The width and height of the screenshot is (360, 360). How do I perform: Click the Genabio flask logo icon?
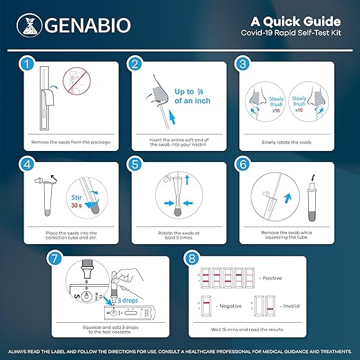(x=30, y=26)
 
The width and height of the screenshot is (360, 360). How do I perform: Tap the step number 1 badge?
(x=26, y=64)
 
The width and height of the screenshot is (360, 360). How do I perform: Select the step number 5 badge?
(x=134, y=165)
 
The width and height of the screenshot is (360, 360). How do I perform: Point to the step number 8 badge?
(x=191, y=259)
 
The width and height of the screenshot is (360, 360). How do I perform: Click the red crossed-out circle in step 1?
(x=77, y=81)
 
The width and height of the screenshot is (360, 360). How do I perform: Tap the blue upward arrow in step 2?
(x=172, y=117)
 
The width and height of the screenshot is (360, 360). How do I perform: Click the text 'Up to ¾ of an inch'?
(x=192, y=96)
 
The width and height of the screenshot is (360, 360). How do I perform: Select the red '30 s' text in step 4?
(x=77, y=205)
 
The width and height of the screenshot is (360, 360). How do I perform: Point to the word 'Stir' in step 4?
(x=77, y=197)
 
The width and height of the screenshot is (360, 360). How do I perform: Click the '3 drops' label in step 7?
(x=128, y=300)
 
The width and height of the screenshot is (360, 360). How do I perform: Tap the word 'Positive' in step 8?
(x=272, y=278)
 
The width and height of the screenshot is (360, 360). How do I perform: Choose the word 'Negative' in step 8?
(x=230, y=306)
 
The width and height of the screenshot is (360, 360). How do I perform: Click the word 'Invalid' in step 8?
(x=291, y=306)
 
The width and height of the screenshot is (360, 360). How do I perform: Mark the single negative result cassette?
(x=206, y=306)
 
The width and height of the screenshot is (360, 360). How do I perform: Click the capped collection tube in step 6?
(x=312, y=199)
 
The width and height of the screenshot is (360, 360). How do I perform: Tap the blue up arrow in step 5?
(x=187, y=179)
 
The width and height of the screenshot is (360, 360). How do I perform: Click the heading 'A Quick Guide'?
(x=296, y=21)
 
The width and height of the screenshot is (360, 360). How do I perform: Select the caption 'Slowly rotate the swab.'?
(x=287, y=143)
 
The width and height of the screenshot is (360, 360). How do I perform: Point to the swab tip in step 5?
(x=177, y=212)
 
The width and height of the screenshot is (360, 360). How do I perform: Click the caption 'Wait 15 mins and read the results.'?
(x=248, y=330)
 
